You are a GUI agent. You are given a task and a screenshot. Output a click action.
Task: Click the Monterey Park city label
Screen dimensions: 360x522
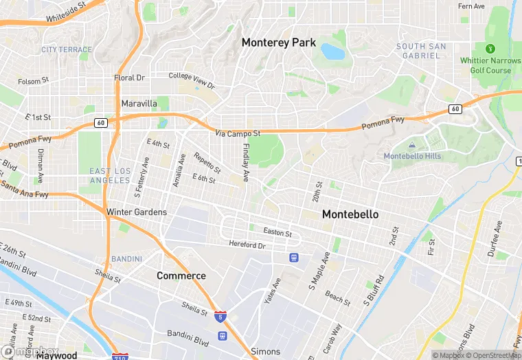pos(278,43)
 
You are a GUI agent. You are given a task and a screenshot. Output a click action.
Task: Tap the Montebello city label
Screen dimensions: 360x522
pos(350,214)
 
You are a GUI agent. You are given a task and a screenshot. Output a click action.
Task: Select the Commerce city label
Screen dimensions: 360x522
pos(181,275)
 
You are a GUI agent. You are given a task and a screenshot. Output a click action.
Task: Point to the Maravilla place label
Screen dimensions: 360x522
pos(139,104)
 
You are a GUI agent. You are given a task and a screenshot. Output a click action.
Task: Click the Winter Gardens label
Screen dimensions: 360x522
pos(137,212)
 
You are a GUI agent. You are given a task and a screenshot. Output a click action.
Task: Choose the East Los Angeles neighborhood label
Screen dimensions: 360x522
pos(110,175)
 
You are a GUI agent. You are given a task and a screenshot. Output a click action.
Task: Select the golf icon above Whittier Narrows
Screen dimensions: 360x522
pos(490,48)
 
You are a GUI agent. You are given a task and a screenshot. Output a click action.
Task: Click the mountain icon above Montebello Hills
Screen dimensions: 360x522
pos(411,145)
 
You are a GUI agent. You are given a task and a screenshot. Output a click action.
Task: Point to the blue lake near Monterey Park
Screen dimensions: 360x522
pos(332,52)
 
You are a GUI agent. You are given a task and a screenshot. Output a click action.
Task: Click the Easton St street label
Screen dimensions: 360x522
pos(277,234)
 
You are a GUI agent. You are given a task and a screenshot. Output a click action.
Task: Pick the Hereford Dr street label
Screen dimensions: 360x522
pos(247,245)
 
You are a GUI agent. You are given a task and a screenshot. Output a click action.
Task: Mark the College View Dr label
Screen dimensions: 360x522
pos(192,80)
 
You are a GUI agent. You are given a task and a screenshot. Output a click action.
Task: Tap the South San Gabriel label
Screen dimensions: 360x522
pos(421,51)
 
